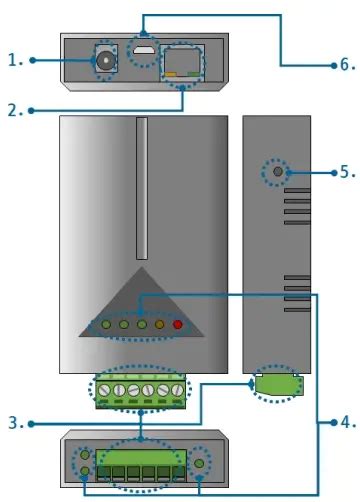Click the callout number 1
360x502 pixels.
point(14,60)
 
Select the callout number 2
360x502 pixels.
point(14,111)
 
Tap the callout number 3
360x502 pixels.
point(14,423)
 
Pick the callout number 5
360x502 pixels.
point(346,172)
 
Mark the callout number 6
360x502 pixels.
point(346,64)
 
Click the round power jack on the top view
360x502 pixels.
point(103,62)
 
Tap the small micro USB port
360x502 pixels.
point(145,49)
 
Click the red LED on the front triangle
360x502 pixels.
point(178,324)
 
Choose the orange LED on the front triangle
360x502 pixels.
point(160,324)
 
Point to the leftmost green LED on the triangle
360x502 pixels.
point(105,324)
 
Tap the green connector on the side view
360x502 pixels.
point(274,384)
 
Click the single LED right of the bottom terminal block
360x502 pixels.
point(201,463)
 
